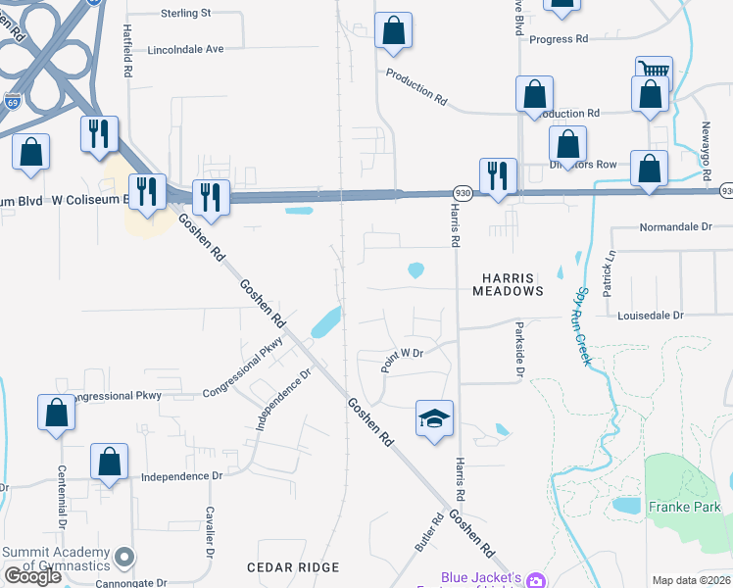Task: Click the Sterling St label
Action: point(185,14)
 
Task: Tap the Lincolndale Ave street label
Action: point(186,49)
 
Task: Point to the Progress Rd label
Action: point(558,39)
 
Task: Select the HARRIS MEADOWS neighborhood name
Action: point(508,284)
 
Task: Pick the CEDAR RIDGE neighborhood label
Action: point(293,567)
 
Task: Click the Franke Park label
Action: point(684,507)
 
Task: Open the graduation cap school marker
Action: point(434,418)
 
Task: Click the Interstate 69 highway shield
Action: point(12,101)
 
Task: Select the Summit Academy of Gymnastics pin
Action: point(123,558)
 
